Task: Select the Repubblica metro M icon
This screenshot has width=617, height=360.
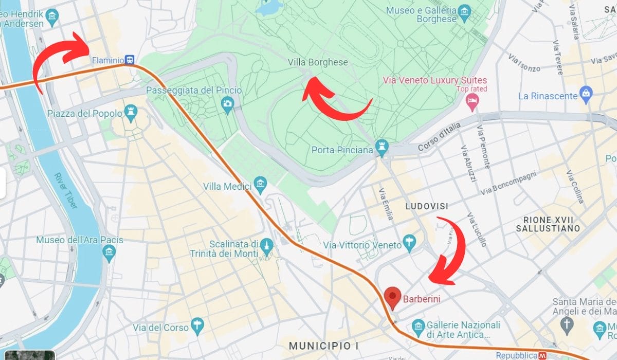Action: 542,355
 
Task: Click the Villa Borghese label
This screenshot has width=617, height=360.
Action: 318,62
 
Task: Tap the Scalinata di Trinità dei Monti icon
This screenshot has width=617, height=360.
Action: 266,245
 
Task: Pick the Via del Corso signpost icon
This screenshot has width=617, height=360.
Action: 196,325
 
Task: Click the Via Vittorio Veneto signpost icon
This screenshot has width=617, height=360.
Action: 409,242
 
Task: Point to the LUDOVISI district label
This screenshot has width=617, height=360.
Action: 427,206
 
